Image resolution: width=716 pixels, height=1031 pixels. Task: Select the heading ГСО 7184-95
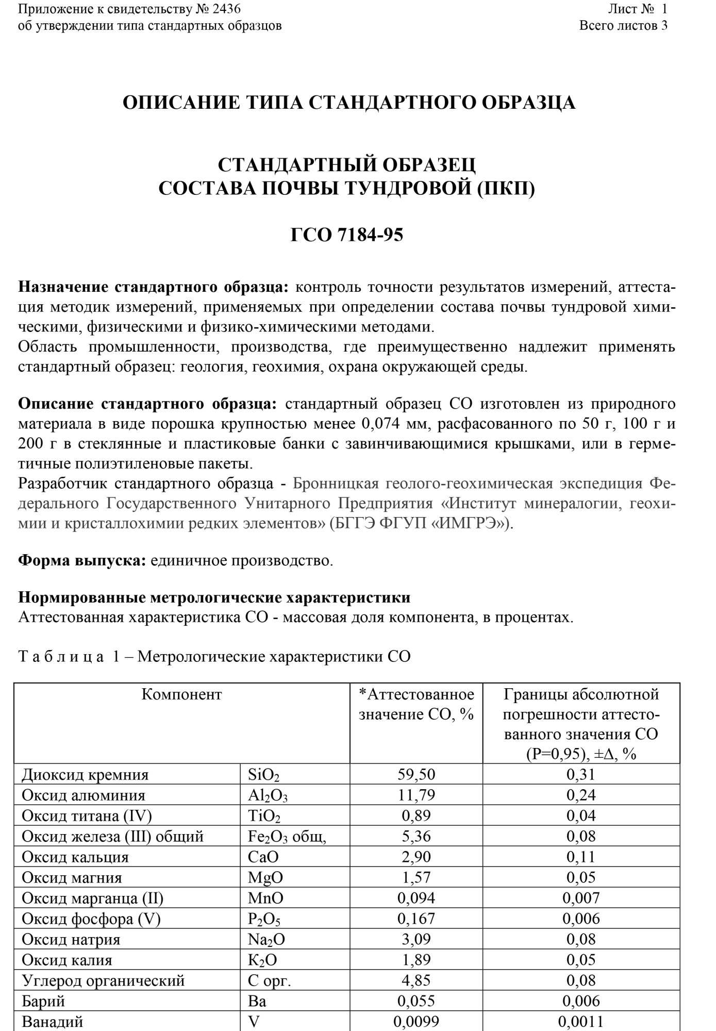pyautogui.click(x=346, y=235)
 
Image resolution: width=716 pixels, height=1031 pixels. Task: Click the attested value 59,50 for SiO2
pyautogui.click(x=416, y=774)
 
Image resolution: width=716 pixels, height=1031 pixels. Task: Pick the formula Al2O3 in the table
pyautogui.click(x=268, y=795)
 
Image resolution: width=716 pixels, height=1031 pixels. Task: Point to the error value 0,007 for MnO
pyautogui.click(x=581, y=898)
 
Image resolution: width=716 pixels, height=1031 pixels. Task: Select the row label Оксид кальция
pyautogui.click(x=75, y=857)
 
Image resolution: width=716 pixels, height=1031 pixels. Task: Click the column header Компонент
pyautogui.click(x=181, y=694)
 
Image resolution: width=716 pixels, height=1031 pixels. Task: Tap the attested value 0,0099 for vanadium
pyautogui.click(x=416, y=1021)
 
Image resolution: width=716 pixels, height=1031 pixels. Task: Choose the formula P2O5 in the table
pyautogui.click(x=264, y=919)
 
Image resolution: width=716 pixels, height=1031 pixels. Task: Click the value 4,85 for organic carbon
pyautogui.click(x=416, y=980)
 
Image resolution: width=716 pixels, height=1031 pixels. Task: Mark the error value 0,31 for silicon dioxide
pyautogui.click(x=581, y=774)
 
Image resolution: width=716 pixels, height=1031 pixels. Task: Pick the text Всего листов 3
pyautogui.click(x=623, y=25)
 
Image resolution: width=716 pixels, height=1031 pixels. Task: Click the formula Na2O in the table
pyautogui.click(x=266, y=939)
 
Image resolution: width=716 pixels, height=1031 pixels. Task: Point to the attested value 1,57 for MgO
pyautogui.click(x=416, y=877)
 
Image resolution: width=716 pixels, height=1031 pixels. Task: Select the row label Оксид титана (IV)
pyautogui.click(x=87, y=816)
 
